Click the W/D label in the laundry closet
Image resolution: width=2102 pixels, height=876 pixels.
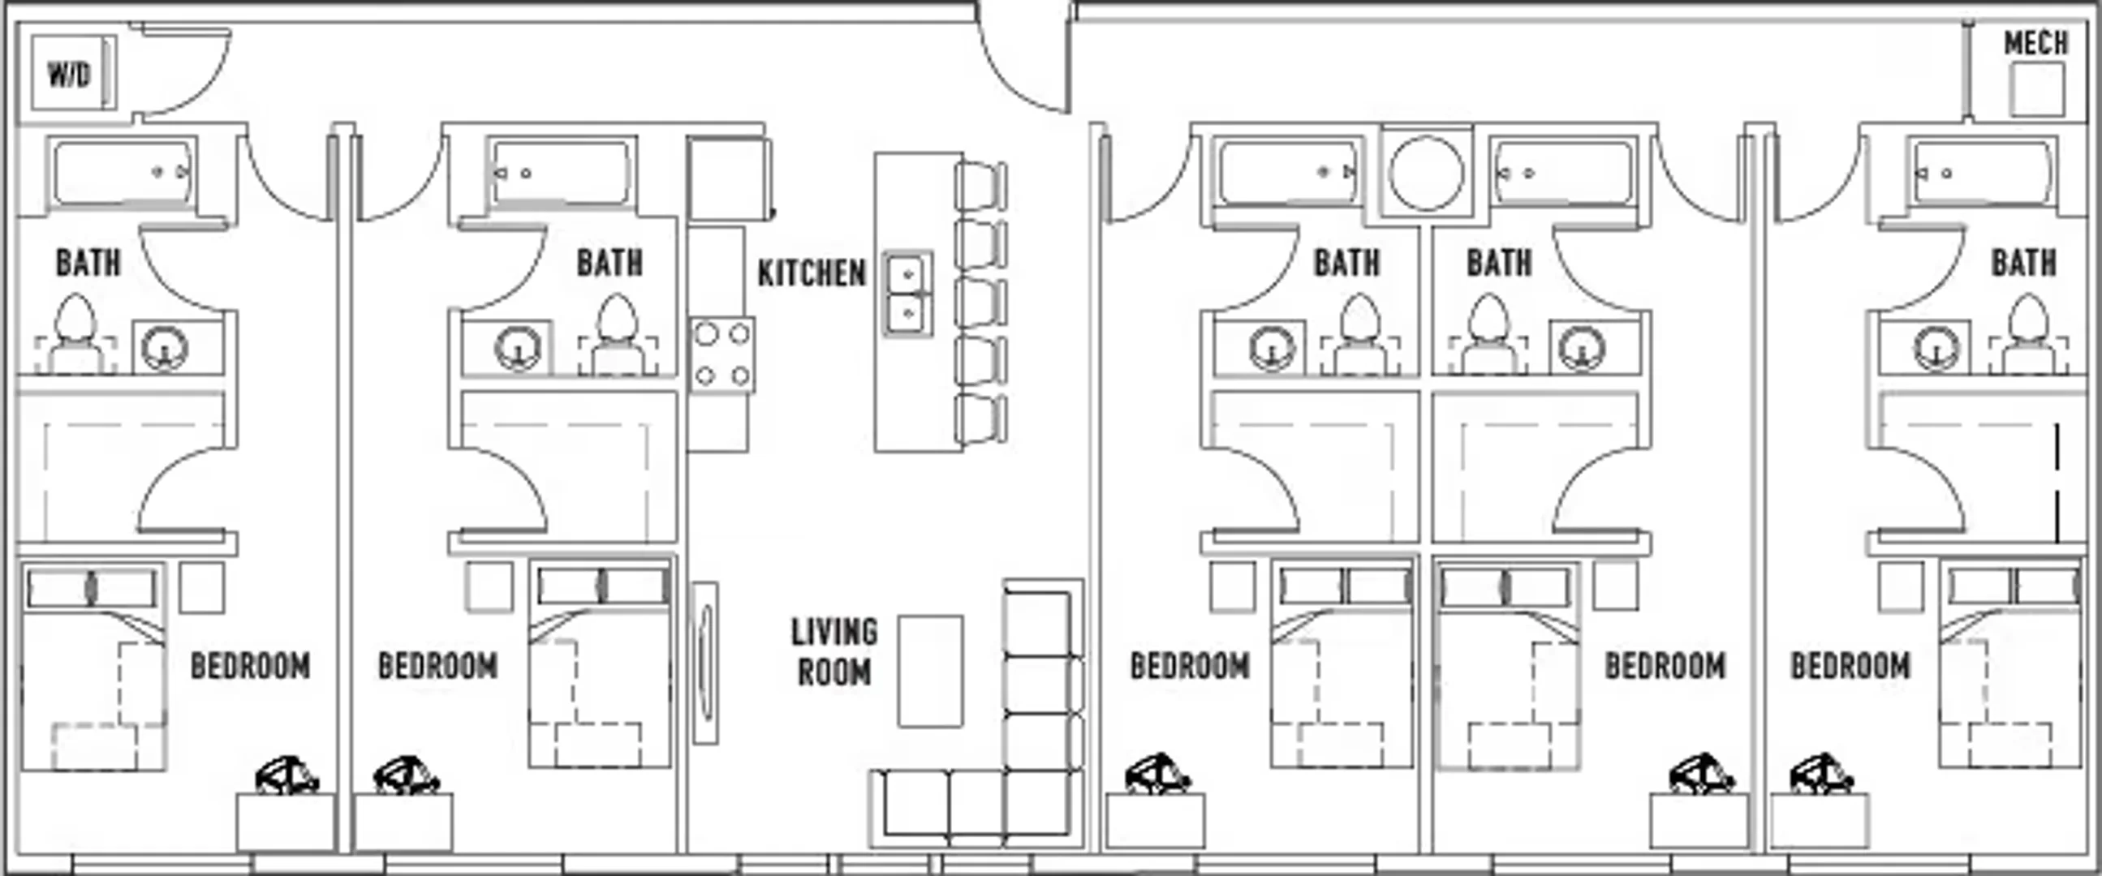click(x=69, y=75)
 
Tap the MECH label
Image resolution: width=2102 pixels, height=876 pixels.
click(x=2036, y=43)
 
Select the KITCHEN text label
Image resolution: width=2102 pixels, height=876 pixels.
click(x=812, y=273)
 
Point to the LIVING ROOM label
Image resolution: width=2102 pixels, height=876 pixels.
click(x=834, y=651)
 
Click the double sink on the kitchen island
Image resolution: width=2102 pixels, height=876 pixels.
click(x=907, y=294)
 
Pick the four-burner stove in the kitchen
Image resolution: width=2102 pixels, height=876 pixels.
click(x=722, y=354)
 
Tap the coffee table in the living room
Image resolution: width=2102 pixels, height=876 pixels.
click(x=930, y=672)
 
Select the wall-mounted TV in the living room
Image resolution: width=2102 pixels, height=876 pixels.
click(x=705, y=663)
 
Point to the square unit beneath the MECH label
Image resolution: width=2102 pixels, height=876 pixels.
click(x=2038, y=90)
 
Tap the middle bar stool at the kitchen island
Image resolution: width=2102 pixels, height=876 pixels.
click(x=981, y=302)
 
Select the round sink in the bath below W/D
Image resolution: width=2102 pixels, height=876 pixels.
click(x=165, y=347)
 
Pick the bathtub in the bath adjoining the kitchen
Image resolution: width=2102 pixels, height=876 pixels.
click(x=562, y=173)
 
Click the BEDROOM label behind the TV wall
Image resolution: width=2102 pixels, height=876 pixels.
click(x=437, y=666)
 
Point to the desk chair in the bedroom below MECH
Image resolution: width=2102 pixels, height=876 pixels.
click(x=1821, y=775)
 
